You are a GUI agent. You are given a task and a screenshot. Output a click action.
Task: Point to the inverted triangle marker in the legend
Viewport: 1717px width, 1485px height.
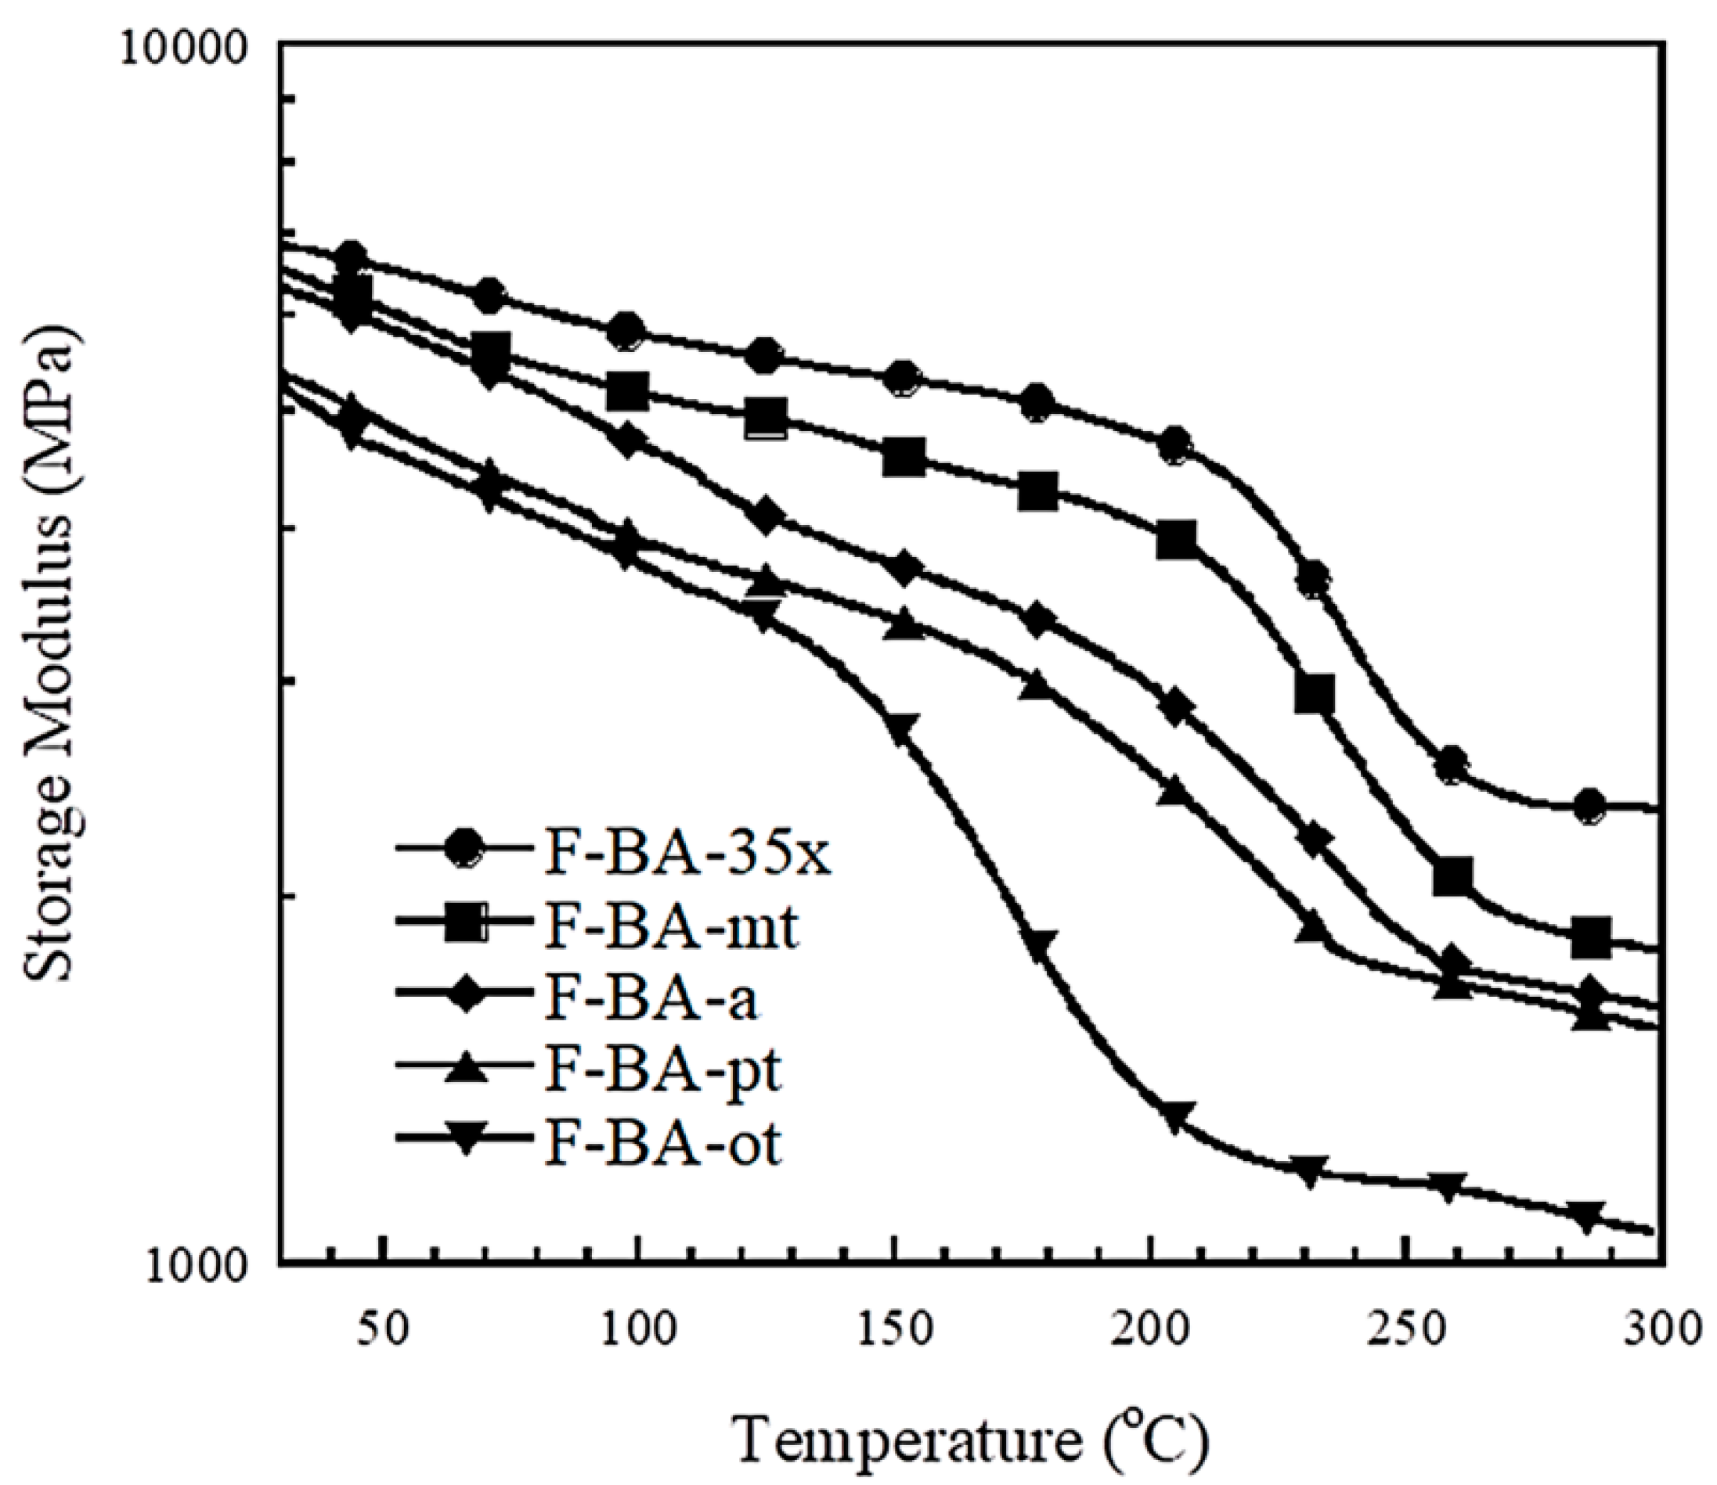(462, 1143)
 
